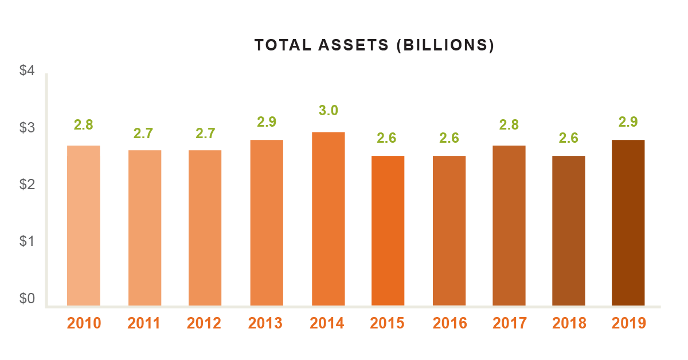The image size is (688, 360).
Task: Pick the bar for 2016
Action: click(x=449, y=230)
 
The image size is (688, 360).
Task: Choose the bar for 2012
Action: click(x=205, y=228)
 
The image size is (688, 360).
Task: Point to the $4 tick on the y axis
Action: click(x=28, y=72)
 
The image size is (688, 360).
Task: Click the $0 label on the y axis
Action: click(x=28, y=299)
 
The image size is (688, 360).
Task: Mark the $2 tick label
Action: click(x=28, y=185)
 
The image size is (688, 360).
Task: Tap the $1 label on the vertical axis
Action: click(x=28, y=241)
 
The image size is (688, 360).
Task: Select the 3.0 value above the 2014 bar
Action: click(x=328, y=111)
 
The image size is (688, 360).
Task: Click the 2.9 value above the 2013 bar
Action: click(x=267, y=122)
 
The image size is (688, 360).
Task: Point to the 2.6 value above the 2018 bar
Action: click(x=569, y=138)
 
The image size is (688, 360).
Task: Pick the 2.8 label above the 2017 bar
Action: click(x=509, y=124)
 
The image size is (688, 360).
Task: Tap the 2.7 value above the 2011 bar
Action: click(x=144, y=134)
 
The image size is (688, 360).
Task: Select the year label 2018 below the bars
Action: click(x=569, y=323)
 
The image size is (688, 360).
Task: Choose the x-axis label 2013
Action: click(x=265, y=323)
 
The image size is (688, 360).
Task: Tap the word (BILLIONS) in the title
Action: click(x=445, y=45)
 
